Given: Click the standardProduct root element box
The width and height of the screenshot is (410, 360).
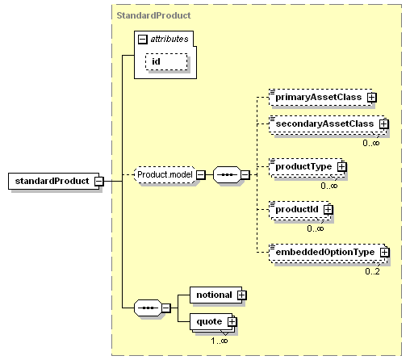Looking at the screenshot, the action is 53,181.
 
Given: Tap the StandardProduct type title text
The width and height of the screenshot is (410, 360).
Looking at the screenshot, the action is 153,15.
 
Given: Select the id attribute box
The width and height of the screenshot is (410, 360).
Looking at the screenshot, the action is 166,61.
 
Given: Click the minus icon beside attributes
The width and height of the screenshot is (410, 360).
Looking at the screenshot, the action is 143,40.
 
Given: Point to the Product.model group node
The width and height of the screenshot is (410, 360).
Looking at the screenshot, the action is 165,175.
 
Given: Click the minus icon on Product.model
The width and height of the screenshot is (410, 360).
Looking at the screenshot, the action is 201,175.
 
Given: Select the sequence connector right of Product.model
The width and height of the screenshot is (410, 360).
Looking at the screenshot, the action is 227,175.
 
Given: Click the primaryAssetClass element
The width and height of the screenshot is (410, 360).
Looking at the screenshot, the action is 320,97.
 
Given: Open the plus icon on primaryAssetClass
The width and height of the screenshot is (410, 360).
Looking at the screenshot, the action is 372,97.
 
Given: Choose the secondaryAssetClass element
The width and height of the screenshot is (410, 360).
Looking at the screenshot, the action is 327,124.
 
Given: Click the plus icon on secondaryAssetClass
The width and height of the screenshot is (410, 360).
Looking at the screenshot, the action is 384,124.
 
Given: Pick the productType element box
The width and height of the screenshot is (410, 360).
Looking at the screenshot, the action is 306,167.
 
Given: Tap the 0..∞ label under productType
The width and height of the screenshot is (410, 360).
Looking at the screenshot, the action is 328,186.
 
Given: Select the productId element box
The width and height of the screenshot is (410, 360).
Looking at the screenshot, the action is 299,209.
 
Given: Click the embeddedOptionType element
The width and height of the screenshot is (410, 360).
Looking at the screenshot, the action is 328,252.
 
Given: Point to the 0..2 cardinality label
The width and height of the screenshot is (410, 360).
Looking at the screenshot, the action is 372,271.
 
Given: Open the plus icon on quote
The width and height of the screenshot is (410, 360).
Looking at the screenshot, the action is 232,322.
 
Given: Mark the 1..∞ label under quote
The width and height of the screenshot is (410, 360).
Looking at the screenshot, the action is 220,341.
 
